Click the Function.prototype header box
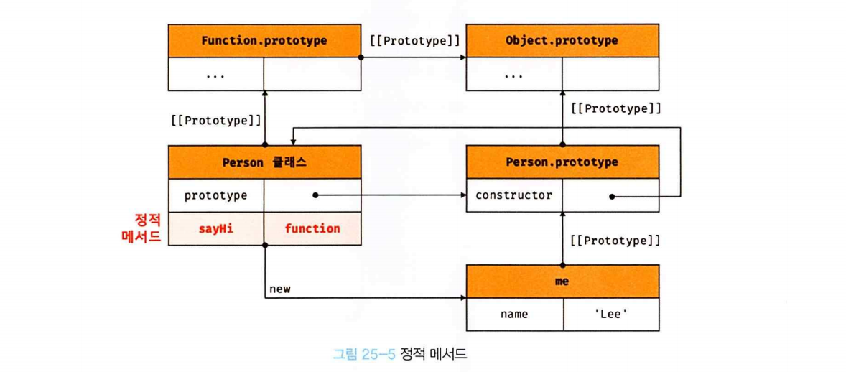tap(264, 40)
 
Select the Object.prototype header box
tap(562, 40)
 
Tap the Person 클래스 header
tap(264, 162)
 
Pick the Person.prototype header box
tap(562, 162)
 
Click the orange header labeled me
tap(562, 282)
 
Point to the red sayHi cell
tap(216, 229)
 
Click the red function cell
tap(312, 229)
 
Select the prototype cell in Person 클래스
tap(216, 195)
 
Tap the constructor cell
tap(514, 195)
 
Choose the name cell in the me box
tap(514, 314)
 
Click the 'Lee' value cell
tap(610, 314)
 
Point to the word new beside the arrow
tap(280, 289)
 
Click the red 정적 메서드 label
tap(141, 226)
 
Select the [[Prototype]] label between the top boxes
tap(414, 40)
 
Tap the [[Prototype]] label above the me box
tap(615, 240)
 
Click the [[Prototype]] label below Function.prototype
tap(216, 121)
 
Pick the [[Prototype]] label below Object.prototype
tap(616, 109)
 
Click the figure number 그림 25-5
tap(364, 353)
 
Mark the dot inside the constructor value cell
tap(611, 195)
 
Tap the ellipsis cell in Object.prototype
tap(514, 74)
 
